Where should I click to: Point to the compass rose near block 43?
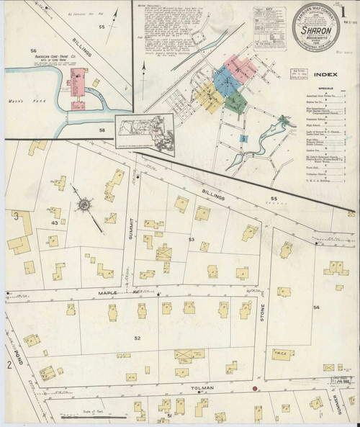tap(84, 205)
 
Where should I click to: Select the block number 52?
tap(137, 337)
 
